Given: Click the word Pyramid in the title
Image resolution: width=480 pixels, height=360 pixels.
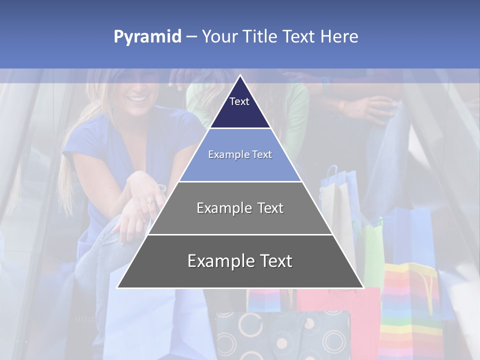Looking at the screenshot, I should coord(147,37).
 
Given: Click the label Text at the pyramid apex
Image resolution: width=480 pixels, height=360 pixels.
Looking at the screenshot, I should coord(239,101).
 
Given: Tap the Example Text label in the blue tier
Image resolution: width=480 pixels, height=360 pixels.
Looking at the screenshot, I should coord(240,154).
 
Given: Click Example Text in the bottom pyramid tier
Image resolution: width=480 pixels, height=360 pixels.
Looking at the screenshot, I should coord(240,261).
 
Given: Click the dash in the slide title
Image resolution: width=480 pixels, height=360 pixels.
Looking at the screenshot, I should coord(191,37).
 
